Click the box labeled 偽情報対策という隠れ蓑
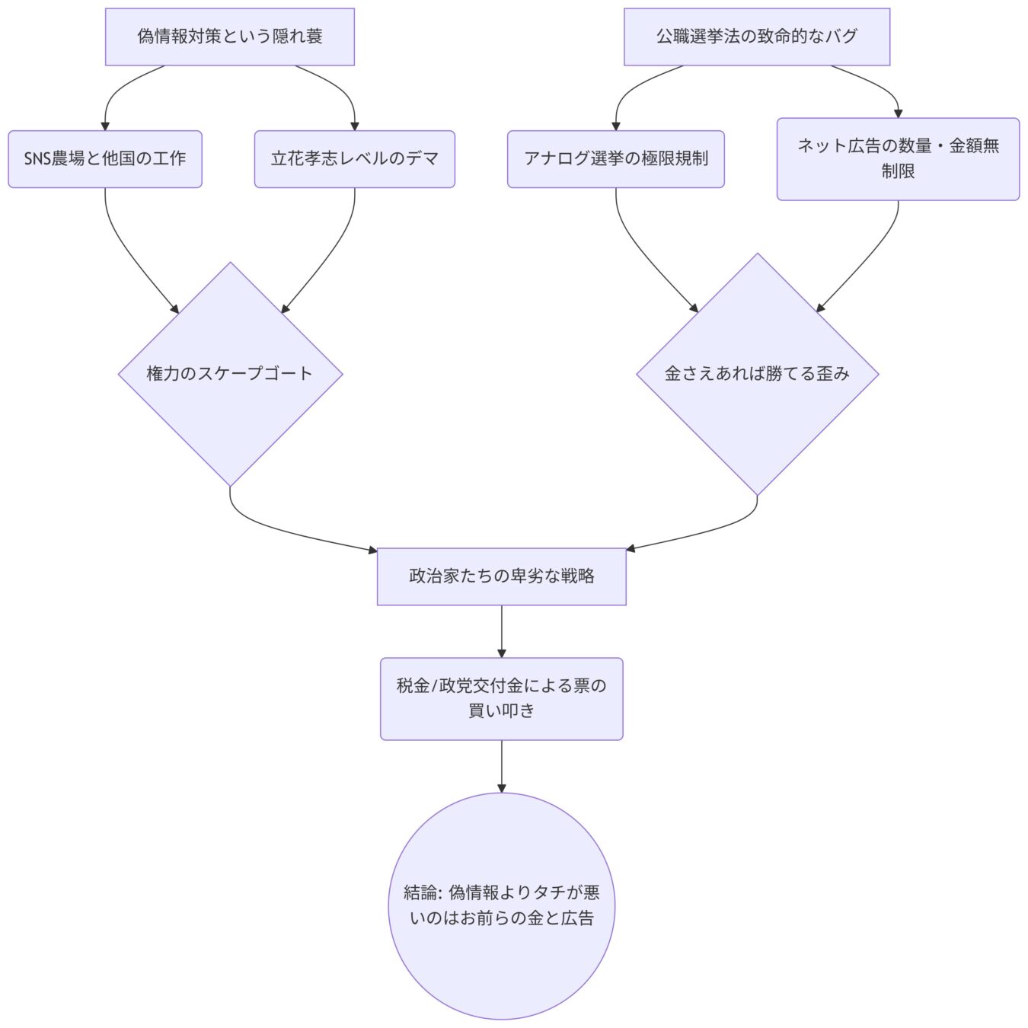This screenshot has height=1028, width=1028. (229, 37)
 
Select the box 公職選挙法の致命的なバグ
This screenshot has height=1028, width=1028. (756, 37)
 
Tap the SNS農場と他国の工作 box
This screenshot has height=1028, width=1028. (105, 158)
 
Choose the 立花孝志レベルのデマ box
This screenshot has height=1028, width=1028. (354, 158)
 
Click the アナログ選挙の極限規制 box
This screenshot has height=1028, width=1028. (615, 158)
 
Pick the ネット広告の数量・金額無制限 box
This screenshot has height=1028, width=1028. (898, 158)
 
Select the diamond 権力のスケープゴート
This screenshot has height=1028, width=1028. (230, 374)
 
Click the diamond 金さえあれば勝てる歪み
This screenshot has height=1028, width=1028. (757, 374)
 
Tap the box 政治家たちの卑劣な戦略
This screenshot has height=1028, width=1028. (501, 576)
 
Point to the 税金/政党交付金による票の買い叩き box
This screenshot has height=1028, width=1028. (501, 698)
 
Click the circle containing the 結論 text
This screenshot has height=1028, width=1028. (501, 905)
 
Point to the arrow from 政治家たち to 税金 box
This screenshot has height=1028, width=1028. (501, 631)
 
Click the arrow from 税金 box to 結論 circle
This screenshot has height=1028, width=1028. (501, 766)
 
